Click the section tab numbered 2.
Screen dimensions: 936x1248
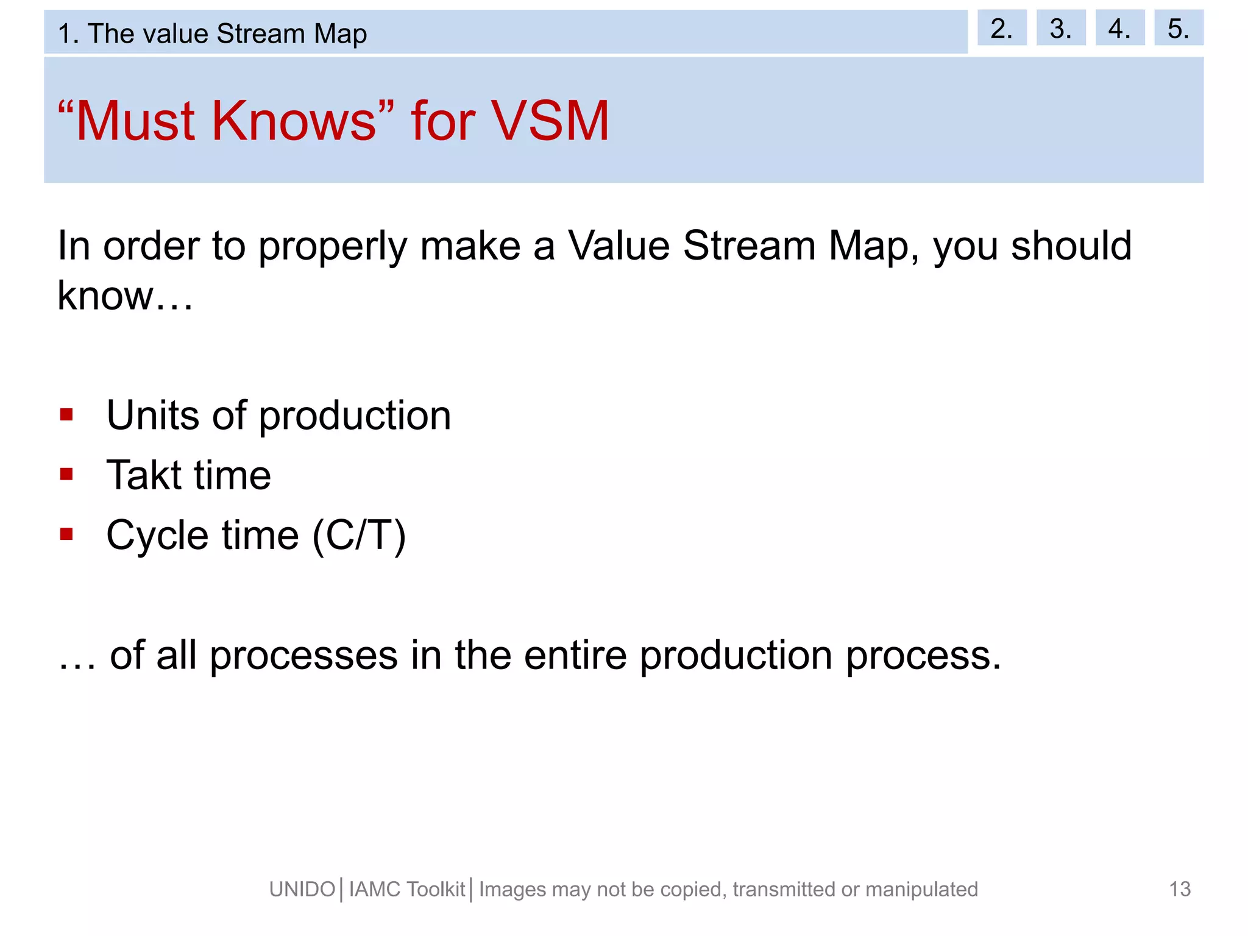(1001, 28)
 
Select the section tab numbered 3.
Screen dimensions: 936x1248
(1060, 28)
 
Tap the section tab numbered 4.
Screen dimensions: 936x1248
(1119, 28)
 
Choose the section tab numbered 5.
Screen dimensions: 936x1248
(1178, 28)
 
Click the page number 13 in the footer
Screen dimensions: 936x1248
(1180, 889)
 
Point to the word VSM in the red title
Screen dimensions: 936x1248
(550, 121)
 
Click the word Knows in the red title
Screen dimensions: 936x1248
(294, 121)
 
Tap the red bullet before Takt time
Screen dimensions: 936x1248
(66, 475)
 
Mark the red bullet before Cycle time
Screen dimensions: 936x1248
(66, 534)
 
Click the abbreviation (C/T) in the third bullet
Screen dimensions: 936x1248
(359, 536)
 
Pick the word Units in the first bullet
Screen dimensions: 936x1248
(153, 416)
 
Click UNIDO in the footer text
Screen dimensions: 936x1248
(302, 890)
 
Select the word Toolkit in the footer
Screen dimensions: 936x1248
(436, 890)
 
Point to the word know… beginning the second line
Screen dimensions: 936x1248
(125, 296)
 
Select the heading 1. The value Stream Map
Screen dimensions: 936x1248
(212, 34)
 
